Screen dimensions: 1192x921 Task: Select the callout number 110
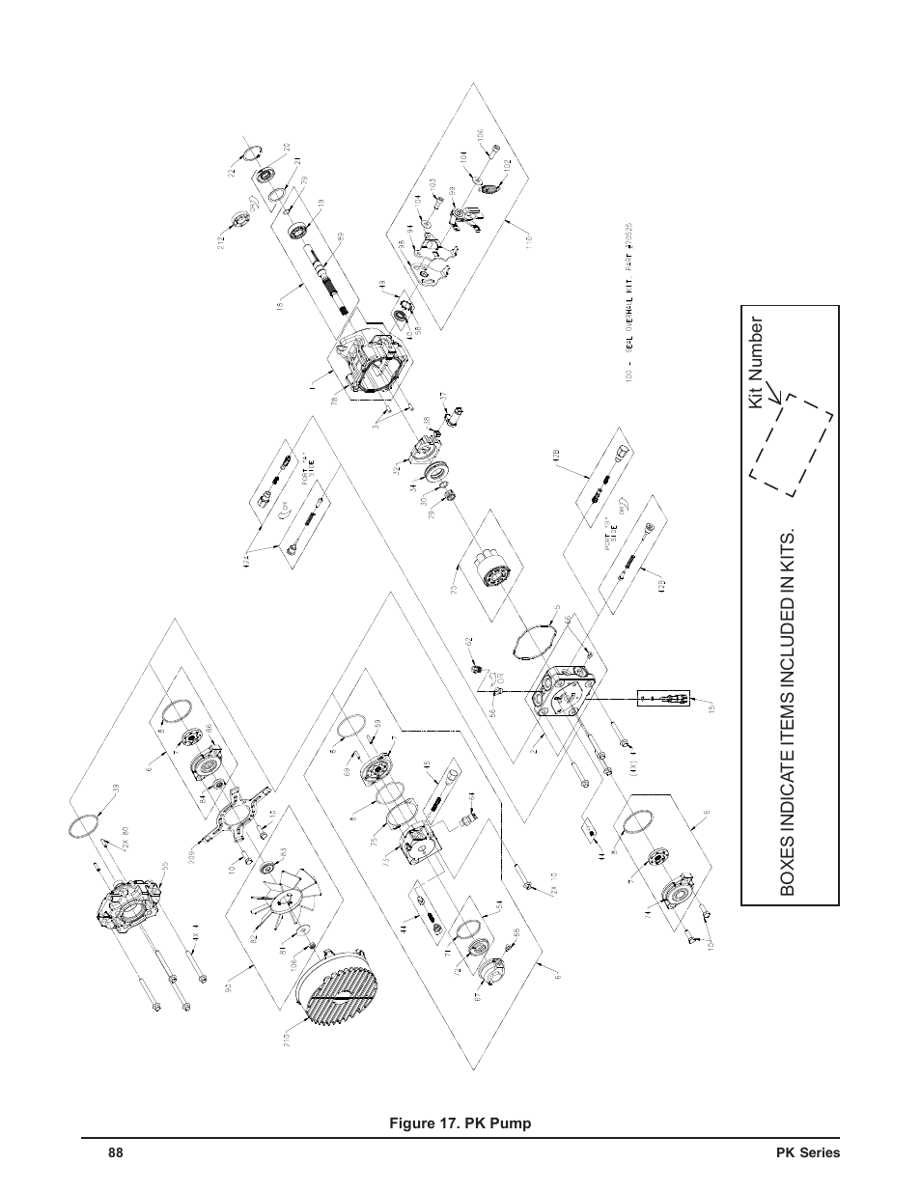[528, 239]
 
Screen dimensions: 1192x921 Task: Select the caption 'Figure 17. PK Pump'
[460, 1123]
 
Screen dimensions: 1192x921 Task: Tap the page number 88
[116, 1153]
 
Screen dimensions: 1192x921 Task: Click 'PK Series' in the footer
[808, 1153]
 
